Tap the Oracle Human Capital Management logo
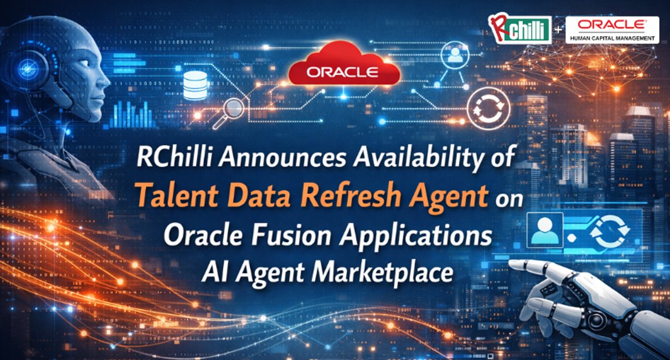pyautogui.click(x=612, y=30)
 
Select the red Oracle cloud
pyautogui.click(x=344, y=64)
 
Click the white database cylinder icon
pyautogui.click(x=195, y=85)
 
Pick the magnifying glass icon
pyautogui.click(x=230, y=112)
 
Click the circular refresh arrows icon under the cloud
pyautogui.click(x=488, y=108)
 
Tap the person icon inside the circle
pyautogui.click(x=455, y=55)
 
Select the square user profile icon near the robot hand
pyautogui.click(x=545, y=230)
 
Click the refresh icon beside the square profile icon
pyautogui.click(x=610, y=231)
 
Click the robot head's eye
pyautogui.click(x=84, y=64)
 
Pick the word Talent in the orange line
pyautogui.click(x=177, y=195)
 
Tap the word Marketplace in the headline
pyautogui.click(x=382, y=273)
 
